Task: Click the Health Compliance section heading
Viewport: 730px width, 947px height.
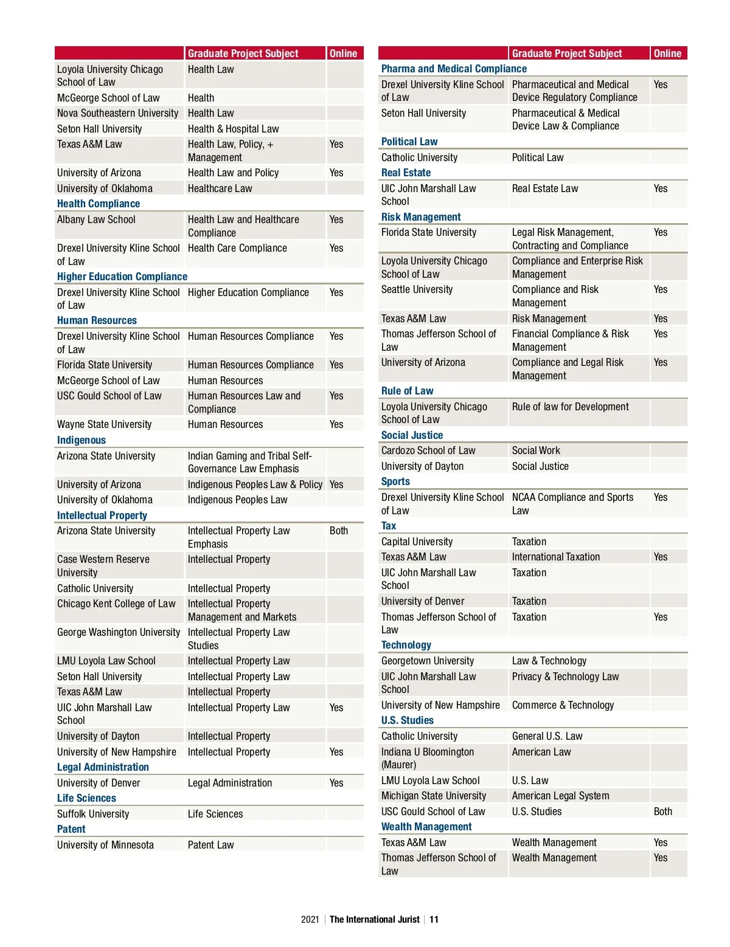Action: tap(99, 204)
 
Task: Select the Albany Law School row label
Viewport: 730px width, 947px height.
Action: tap(96, 219)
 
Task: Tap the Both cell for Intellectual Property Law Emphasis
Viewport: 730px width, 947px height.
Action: tap(339, 531)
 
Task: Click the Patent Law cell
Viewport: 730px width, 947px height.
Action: tap(210, 845)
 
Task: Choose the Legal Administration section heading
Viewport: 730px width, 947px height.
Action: tap(103, 767)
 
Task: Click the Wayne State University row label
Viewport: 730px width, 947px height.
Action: tap(104, 424)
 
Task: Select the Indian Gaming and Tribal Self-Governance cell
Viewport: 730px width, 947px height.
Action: tap(249, 462)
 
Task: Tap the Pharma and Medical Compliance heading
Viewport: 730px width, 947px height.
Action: tap(454, 69)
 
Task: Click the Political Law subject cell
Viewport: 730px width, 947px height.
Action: tap(538, 157)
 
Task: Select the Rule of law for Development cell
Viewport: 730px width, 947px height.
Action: tap(571, 407)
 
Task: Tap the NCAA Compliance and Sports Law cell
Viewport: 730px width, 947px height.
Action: tap(572, 504)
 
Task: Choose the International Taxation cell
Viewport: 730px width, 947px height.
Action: tap(556, 557)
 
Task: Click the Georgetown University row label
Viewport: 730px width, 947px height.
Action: tap(428, 661)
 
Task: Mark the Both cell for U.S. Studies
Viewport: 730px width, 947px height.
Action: tap(663, 811)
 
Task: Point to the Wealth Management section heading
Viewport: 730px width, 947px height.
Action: tap(426, 827)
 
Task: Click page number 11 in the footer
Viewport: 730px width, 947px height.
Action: tap(434, 919)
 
